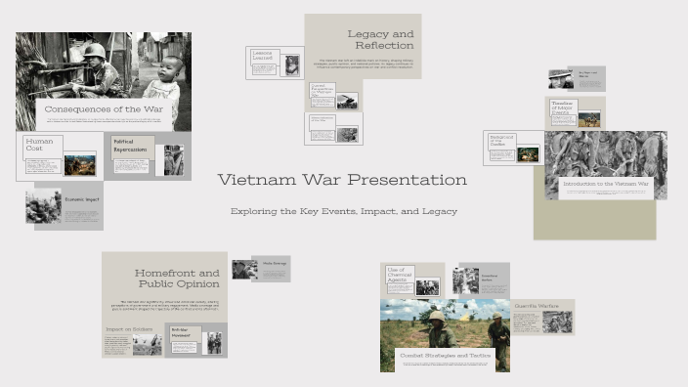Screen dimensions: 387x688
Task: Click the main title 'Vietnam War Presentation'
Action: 342,180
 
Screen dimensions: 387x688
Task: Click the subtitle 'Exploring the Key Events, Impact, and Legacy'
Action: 343,211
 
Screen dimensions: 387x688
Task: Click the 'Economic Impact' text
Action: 82,199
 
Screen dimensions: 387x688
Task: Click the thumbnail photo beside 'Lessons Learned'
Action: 291,64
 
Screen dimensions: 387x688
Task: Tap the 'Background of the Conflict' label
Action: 501,143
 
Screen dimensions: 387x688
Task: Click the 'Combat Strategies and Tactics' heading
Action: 445,356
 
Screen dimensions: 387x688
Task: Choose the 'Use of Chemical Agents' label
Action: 398,275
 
